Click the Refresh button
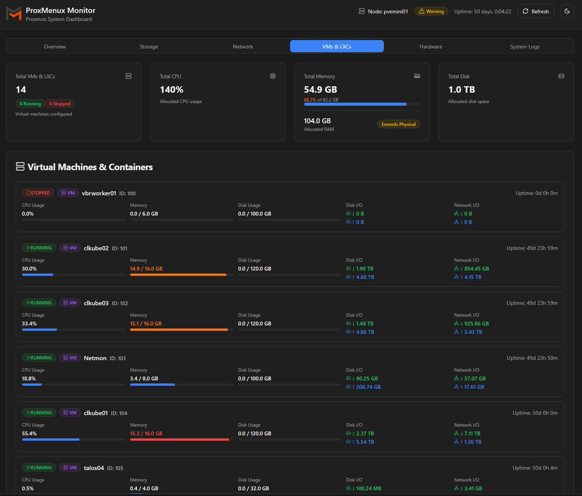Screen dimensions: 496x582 click(535, 11)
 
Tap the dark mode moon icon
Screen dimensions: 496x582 click(567, 11)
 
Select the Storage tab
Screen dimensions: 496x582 click(148, 47)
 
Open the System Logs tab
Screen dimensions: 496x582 click(524, 47)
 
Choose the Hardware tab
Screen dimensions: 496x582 click(431, 47)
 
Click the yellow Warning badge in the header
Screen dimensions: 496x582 click(431, 11)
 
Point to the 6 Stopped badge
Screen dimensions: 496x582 click(60, 104)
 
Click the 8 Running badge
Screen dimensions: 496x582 click(30, 104)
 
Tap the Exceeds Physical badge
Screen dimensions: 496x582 click(399, 124)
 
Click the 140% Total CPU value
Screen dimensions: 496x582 click(172, 90)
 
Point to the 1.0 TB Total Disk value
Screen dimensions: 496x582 click(461, 90)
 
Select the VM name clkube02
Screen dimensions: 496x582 click(96, 248)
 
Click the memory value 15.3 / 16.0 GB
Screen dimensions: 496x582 click(146, 433)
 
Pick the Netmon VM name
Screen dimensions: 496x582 click(95, 358)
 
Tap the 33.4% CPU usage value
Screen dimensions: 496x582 click(29, 323)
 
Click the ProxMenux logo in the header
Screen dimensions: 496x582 click(14, 14)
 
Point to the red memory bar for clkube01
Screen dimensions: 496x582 click(179, 440)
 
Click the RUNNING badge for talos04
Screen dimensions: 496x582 click(39, 467)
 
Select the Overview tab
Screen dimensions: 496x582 click(55, 47)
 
